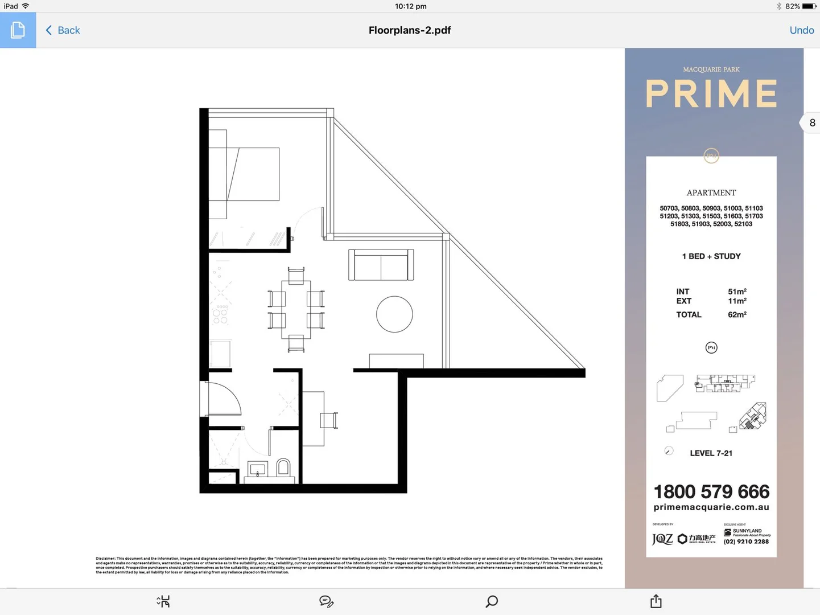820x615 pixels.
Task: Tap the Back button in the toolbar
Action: [63, 30]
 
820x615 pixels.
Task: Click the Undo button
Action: [801, 30]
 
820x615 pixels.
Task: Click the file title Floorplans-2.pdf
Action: [409, 30]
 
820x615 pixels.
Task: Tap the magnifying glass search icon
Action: [492, 601]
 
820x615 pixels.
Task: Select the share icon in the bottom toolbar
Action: [656, 601]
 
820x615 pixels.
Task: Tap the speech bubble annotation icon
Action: [326, 601]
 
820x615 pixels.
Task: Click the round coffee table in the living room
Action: [394, 314]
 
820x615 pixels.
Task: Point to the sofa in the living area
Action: [381, 265]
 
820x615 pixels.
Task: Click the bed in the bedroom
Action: [250, 174]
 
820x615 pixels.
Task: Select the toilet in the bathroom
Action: [283, 468]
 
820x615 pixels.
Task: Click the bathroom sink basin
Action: [258, 470]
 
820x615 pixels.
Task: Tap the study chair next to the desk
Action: [329, 420]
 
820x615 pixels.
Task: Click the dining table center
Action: [296, 309]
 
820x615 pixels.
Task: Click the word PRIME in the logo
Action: [711, 94]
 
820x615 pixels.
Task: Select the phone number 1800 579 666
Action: [711, 491]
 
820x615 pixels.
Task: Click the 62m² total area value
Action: [737, 314]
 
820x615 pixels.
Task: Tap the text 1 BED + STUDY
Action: [711, 256]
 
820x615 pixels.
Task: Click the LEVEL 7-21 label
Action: [711, 453]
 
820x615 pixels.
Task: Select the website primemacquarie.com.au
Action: [711, 507]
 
